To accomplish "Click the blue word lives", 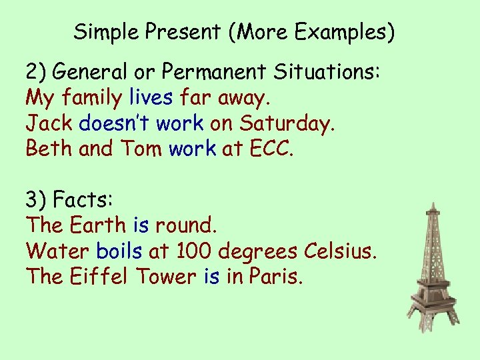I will point(151,99).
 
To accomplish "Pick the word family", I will point(92,99).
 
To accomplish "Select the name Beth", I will point(49,148).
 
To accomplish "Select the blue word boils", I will point(119,251).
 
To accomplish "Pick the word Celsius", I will point(341,251).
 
